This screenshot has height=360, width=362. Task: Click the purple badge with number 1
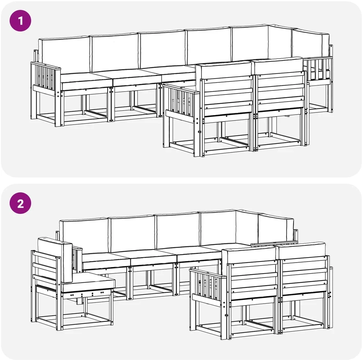(x=20, y=21)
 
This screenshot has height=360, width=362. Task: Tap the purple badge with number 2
(x=20, y=203)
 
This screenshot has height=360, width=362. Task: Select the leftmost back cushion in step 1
(x=64, y=55)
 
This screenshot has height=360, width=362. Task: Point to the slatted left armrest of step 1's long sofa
(x=45, y=77)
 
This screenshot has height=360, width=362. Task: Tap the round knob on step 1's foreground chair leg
(x=199, y=132)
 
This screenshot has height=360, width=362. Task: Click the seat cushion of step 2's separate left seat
(x=88, y=282)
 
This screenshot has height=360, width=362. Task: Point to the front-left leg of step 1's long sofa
(x=58, y=108)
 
